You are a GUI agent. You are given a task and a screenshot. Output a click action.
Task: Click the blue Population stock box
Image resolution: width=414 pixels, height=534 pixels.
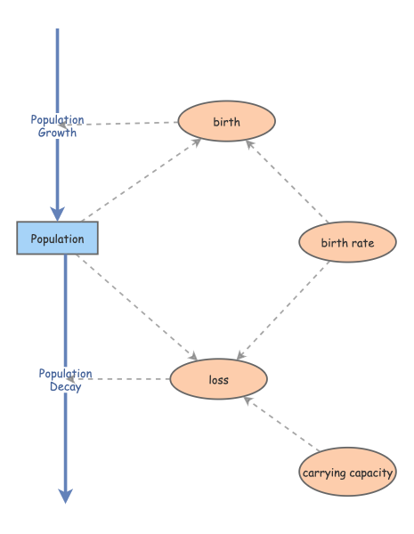click(x=57, y=239)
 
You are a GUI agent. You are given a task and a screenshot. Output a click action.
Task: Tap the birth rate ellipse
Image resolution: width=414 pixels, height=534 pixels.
click(x=346, y=242)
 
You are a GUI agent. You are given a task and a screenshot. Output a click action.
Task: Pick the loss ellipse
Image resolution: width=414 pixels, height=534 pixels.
click(x=218, y=380)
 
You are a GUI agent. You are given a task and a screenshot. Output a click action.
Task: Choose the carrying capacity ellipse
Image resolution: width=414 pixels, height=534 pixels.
click(x=347, y=473)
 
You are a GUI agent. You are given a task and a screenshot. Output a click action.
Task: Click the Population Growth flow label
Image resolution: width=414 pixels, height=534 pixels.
click(x=57, y=125)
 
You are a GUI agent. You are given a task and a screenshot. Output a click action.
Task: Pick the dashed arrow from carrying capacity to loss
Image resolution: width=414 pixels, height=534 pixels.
click(x=281, y=425)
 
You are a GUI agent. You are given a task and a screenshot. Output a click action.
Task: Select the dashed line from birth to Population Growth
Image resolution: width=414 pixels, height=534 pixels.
click(x=129, y=123)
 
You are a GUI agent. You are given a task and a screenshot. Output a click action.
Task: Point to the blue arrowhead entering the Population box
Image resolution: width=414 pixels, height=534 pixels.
click(x=58, y=213)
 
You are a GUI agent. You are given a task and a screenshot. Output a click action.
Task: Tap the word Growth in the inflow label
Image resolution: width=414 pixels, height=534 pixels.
click(x=57, y=133)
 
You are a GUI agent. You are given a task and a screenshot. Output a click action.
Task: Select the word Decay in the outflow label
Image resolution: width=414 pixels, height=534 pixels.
click(x=65, y=387)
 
